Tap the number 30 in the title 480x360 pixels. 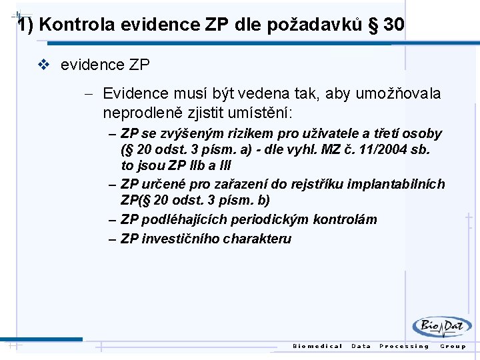[394, 25]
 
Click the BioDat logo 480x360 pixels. [441, 327]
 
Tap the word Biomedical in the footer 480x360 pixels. [317, 346]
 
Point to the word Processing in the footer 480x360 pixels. [404, 346]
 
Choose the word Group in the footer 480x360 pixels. [453, 346]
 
